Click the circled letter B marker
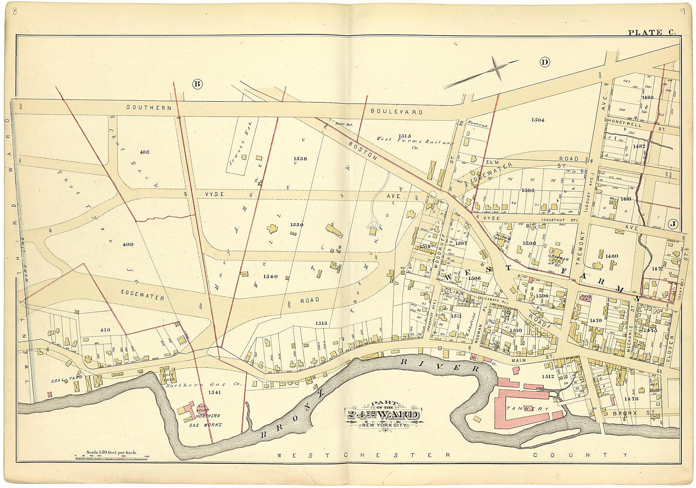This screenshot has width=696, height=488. [x=197, y=84]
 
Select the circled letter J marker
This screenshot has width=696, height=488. [x=673, y=224]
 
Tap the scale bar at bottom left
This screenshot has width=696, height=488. [x=112, y=455]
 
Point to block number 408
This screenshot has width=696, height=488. [x=144, y=152]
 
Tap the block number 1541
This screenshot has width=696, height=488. [x=215, y=392]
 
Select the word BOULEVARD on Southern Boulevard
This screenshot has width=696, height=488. [x=397, y=111]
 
